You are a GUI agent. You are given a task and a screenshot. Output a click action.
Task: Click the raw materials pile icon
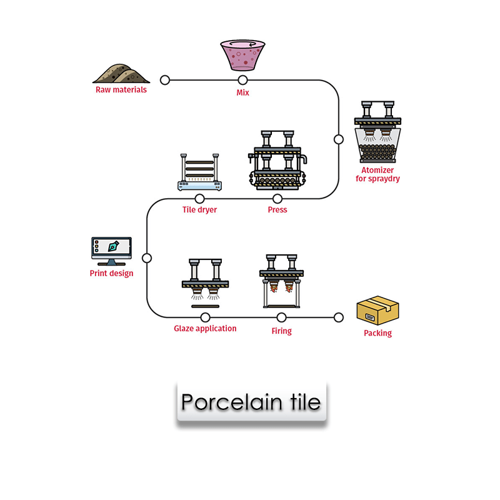[121, 72]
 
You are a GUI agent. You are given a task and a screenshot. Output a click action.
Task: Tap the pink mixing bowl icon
[242, 55]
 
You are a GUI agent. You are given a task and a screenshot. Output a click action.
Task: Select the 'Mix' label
[242, 92]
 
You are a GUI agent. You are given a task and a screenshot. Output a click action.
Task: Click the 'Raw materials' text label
[121, 89]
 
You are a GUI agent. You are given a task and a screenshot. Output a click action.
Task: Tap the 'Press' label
[277, 210]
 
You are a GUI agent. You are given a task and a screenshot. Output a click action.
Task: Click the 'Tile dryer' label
[199, 210]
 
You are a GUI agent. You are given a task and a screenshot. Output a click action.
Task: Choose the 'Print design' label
[111, 273]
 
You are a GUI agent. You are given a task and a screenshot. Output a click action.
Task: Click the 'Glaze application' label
[205, 328]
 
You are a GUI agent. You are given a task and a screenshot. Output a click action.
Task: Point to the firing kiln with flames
[281, 280]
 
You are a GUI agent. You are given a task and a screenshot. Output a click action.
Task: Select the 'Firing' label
[281, 331]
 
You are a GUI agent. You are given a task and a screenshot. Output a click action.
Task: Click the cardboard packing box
[377, 311]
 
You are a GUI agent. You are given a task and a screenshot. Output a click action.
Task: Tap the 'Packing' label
[377, 333]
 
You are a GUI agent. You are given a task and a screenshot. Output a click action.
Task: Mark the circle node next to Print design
[147, 257]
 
